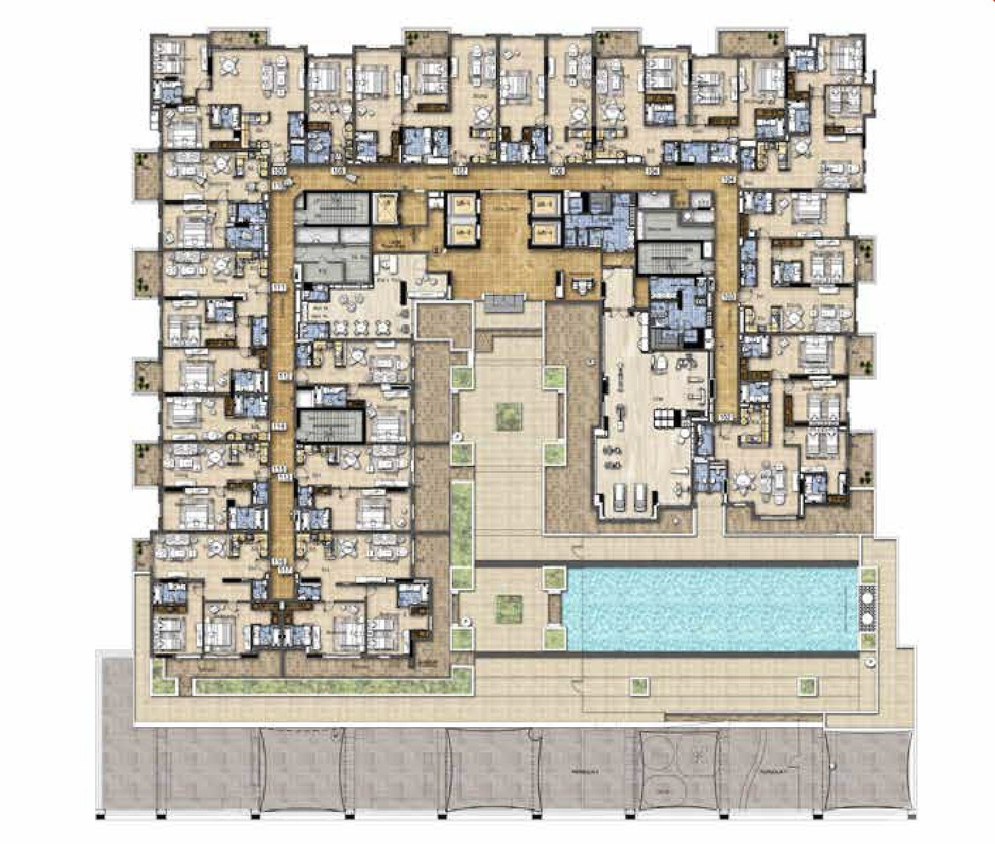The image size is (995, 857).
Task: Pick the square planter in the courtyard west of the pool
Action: tap(507, 607)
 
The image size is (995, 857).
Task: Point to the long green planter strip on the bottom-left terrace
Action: tap(322, 686)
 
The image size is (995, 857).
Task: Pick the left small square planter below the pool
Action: tap(639, 685)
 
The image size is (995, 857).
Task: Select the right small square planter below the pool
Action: tap(806, 685)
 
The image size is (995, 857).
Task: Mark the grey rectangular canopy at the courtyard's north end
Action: tap(501, 304)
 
